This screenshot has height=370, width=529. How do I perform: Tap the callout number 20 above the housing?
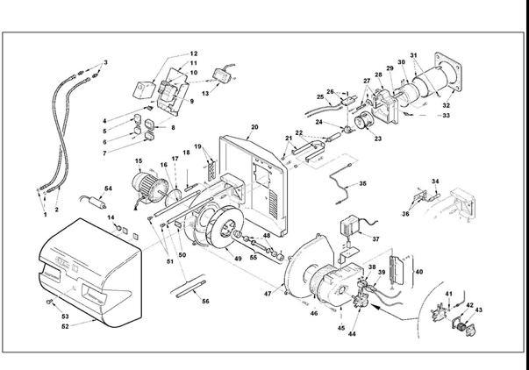tap(254, 128)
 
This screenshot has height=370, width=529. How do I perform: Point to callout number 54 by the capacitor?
tap(109, 189)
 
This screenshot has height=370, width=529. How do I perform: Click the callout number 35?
tap(363, 185)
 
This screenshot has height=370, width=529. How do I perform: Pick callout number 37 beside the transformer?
tap(375, 238)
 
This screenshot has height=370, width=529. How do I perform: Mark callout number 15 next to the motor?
tap(138, 161)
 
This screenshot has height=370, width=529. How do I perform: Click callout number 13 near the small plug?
tap(207, 92)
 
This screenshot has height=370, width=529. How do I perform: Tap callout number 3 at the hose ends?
tap(106, 63)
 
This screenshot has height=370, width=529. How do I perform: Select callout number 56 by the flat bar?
tap(205, 301)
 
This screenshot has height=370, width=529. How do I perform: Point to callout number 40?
tap(418, 273)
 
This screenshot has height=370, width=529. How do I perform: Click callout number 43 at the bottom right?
tap(478, 311)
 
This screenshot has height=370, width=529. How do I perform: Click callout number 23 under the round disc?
tap(379, 138)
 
